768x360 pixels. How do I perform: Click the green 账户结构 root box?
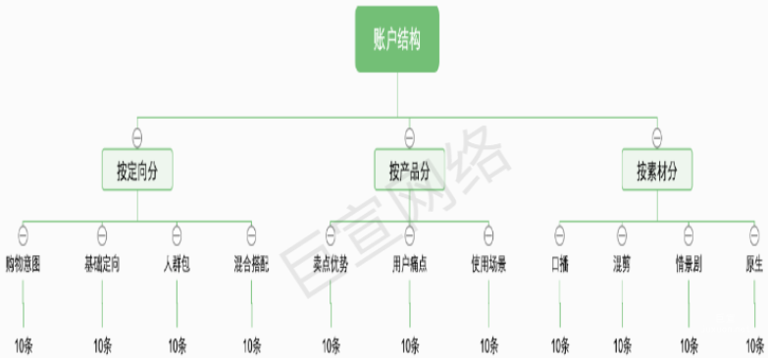pyautogui.click(x=397, y=40)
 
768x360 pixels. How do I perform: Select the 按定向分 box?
pyautogui.click(x=137, y=169)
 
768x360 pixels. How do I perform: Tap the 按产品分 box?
pyautogui.click(x=409, y=169)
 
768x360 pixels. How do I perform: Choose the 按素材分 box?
pyautogui.click(x=656, y=169)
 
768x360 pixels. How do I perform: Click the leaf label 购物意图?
pyautogui.click(x=23, y=264)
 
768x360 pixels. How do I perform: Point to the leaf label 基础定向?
pyautogui.click(x=102, y=264)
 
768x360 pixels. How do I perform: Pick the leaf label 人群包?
pyautogui.click(x=177, y=264)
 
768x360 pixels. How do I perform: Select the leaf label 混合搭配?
pyautogui.click(x=251, y=264)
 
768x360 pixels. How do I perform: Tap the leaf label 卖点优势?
pyautogui.click(x=331, y=264)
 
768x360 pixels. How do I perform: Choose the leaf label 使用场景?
pyautogui.click(x=488, y=264)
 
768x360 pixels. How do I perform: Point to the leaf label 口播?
pyautogui.click(x=559, y=264)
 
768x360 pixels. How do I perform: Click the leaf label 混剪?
pyautogui.click(x=622, y=264)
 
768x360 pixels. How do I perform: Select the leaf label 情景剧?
pyautogui.click(x=688, y=264)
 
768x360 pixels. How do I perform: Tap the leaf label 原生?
pyautogui.click(x=753, y=264)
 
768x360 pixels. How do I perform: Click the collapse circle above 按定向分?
pyautogui.click(x=137, y=135)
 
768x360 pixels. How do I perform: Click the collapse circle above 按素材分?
pyautogui.click(x=656, y=135)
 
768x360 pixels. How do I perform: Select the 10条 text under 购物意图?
pyautogui.click(x=25, y=345)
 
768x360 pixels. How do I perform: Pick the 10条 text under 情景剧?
pyautogui.click(x=690, y=345)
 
